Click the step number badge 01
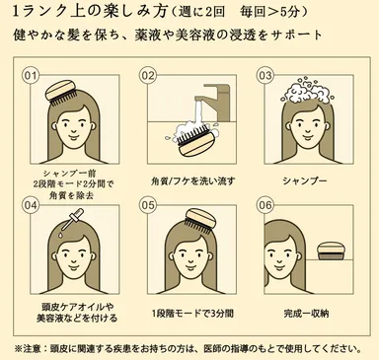pos(31,75)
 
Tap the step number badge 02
pos(149,75)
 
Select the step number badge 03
pos(265,75)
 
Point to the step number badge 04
pos(31,204)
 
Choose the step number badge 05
pos(149,204)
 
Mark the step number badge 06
pos(265,204)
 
